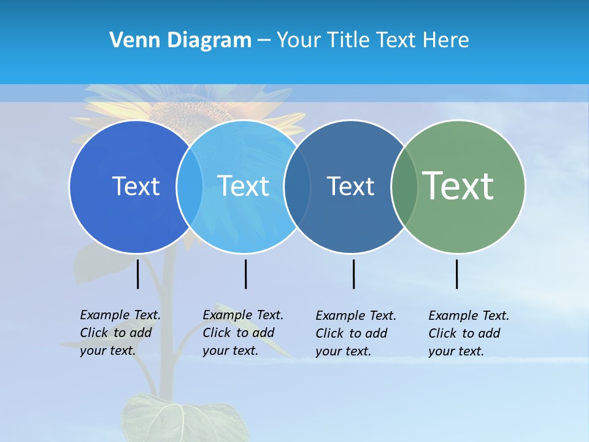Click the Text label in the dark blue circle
pos(136,186)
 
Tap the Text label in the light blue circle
pos(244,186)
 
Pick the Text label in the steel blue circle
pos(350,186)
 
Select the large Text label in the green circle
pos(458,185)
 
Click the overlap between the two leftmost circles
pos(190,187)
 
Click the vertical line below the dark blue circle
pos(138,274)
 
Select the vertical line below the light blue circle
pos(245,274)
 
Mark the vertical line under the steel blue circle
pos(354,274)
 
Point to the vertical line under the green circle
pos(457,274)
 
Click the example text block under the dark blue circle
pos(120,333)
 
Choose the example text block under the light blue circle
pos(242,333)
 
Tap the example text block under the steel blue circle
pos(355,333)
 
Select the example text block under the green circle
pos(468,333)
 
